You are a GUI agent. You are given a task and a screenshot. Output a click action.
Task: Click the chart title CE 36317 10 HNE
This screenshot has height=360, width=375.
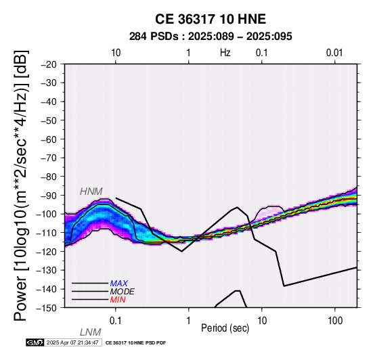coord(211,19)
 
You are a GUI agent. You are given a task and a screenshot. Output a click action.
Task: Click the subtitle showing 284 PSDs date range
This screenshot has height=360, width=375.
coord(211,37)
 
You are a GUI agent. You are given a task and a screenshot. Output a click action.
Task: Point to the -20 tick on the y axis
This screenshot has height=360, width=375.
coord(49,64)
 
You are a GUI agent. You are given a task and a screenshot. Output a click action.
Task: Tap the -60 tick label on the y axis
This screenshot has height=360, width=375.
coord(49,139)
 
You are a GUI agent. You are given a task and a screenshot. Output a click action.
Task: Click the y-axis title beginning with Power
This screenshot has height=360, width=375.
coord(21,185)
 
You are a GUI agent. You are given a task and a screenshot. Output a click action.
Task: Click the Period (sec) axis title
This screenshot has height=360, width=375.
coord(225,328)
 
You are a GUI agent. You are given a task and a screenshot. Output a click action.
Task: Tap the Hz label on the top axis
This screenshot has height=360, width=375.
coord(225,53)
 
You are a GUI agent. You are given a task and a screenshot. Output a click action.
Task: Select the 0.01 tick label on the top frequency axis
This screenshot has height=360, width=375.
coord(334,53)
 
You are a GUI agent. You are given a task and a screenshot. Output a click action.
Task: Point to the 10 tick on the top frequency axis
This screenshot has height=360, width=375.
coord(116,53)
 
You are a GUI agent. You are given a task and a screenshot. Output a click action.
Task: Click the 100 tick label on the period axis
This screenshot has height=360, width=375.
coord(335,321)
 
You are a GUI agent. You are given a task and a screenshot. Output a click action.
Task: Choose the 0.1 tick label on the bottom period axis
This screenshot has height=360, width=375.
coord(116,321)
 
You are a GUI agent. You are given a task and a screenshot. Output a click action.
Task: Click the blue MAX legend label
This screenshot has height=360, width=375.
coord(119,284)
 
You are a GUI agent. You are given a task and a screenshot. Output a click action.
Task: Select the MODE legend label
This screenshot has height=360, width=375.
coord(123,292)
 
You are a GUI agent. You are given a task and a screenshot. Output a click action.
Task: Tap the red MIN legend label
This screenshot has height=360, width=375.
coord(118,300)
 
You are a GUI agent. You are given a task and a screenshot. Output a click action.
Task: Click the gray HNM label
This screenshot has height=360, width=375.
coord(91,192)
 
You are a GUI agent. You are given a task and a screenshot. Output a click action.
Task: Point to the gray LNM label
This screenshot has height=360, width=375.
coord(91,332)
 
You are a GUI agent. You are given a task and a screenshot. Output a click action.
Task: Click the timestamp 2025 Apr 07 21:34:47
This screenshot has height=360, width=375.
coord(72,342)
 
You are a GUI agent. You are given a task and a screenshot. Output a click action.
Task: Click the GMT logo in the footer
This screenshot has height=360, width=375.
coord(35,342)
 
